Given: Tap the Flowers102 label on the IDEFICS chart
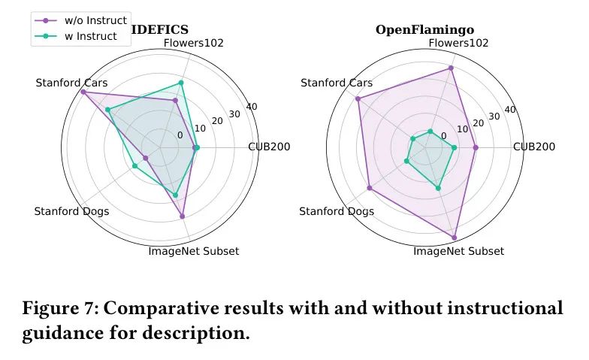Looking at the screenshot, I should click(193, 43).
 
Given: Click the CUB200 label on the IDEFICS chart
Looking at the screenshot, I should click(269, 147).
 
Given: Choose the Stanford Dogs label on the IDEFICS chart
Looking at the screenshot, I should click(71, 211).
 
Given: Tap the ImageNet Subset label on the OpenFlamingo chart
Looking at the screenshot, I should click(458, 251).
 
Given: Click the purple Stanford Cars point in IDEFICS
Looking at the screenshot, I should click(83, 92).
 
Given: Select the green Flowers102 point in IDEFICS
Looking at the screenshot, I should click(180, 83).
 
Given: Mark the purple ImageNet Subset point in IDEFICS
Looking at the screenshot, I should click(183, 216).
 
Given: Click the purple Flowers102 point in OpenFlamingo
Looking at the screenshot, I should click(451, 68).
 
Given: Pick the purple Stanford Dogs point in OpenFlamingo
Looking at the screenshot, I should click(370, 188).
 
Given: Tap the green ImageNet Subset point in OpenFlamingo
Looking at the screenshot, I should click(438, 188).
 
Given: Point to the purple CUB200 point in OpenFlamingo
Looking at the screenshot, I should click(476, 147).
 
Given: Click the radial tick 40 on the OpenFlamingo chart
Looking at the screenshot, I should click(509, 110).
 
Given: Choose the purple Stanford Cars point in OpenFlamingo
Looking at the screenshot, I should click(358, 99).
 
